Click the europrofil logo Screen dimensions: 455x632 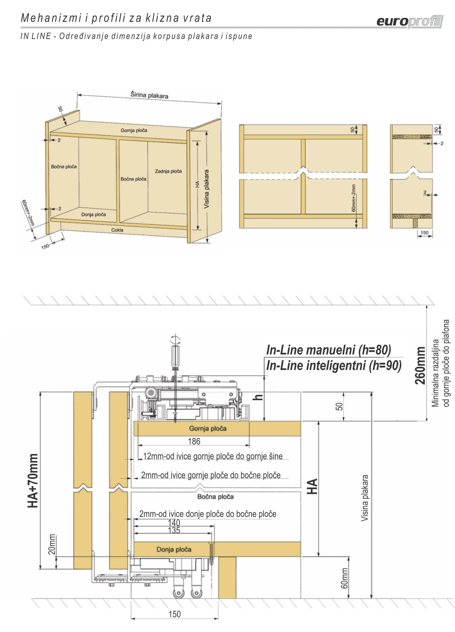[x=410, y=21]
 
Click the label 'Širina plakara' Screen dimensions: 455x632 [x=149, y=95]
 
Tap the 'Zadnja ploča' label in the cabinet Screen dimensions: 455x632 [x=168, y=171]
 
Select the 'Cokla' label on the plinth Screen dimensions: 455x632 [x=117, y=230]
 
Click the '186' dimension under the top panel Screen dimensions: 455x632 [x=194, y=441]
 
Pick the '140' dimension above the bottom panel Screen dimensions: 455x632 [x=174, y=523]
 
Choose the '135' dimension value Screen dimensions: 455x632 [x=174, y=530]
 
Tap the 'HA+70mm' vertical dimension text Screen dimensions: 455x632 [x=33, y=481]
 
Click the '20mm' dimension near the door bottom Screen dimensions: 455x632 [x=52, y=544]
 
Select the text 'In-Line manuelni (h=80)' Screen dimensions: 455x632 [x=329, y=350]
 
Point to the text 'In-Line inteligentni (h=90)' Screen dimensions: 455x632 [x=334, y=366]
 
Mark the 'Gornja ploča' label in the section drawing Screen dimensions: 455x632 [x=208, y=429]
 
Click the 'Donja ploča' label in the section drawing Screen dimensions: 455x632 [x=174, y=550]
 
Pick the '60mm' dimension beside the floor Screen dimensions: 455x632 [x=345, y=578]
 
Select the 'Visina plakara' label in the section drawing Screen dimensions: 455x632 [x=365, y=498]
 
